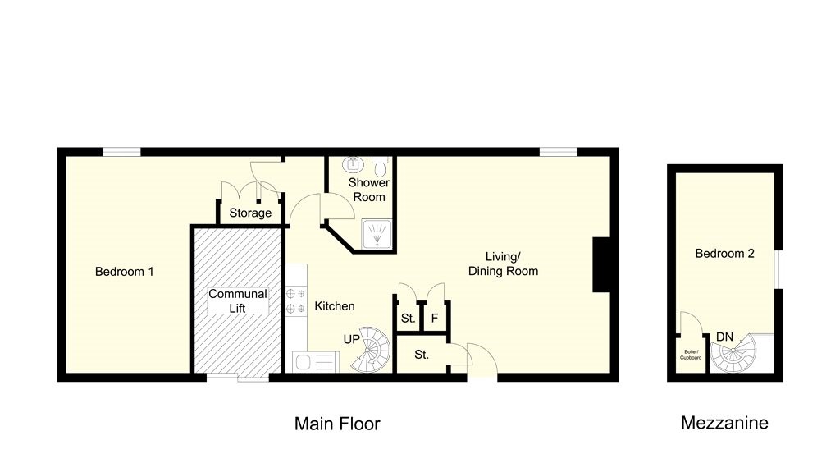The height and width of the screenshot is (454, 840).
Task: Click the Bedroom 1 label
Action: (x=124, y=272)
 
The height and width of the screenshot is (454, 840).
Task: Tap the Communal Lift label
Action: (x=238, y=300)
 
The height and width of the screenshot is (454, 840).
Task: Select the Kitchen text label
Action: (x=335, y=306)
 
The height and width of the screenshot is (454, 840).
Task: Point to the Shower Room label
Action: (x=368, y=190)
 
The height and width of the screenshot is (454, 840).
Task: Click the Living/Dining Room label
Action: (x=503, y=263)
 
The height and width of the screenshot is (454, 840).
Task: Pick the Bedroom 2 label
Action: (x=724, y=254)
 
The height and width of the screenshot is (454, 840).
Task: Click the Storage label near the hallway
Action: (x=250, y=213)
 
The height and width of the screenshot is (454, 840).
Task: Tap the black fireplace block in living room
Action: (x=602, y=264)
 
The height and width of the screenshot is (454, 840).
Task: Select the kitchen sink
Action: (x=314, y=361)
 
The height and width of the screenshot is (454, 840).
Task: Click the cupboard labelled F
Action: (x=434, y=318)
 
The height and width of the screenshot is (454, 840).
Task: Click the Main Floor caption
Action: (x=337, y=424)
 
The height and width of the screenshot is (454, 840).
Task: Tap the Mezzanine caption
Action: (x=724, y=424)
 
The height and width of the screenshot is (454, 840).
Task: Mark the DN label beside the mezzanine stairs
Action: (x=725, y=337)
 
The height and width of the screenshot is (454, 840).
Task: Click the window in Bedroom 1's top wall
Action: (x=121, y=151)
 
